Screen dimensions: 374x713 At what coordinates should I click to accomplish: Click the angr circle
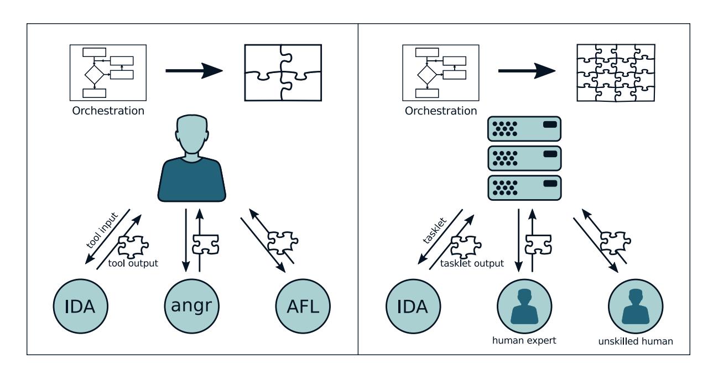pos(191,305)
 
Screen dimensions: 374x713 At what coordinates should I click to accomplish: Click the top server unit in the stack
pos(524,129)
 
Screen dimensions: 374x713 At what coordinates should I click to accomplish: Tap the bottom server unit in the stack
pos(524,187)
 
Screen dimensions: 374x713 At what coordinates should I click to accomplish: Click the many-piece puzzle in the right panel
pos(616,72)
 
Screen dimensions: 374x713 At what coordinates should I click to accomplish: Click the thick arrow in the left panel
pos(194,71)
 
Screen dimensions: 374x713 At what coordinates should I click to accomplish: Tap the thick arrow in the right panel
pos(526,71)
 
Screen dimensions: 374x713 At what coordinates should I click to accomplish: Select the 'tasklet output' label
pos(472,263)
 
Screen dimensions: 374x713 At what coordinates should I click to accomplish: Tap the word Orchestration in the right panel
pos(440,110)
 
